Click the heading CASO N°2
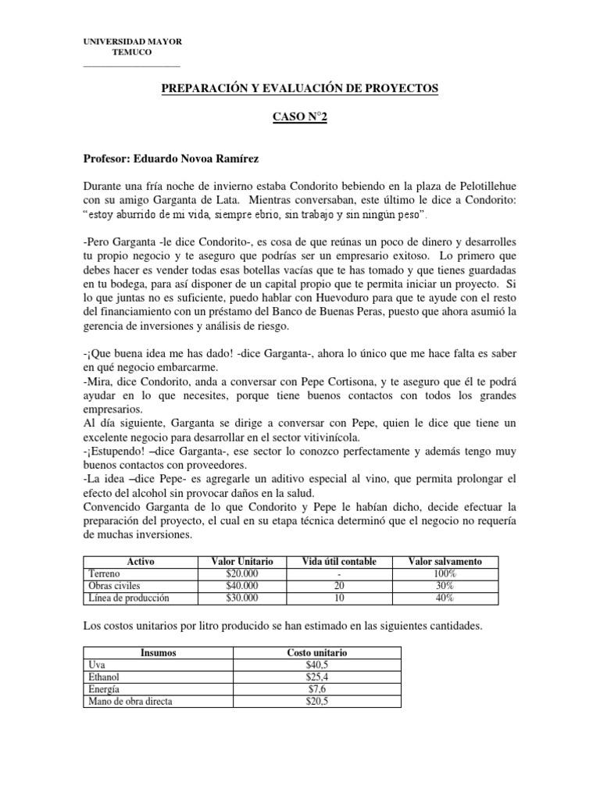299,116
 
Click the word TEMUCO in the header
133,52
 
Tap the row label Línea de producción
130,598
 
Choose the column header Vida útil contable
338,562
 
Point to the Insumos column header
159,652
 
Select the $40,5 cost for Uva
316,665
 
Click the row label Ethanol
107,677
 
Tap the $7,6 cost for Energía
316,689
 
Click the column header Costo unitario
316,652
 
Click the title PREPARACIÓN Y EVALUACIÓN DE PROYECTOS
299,90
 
